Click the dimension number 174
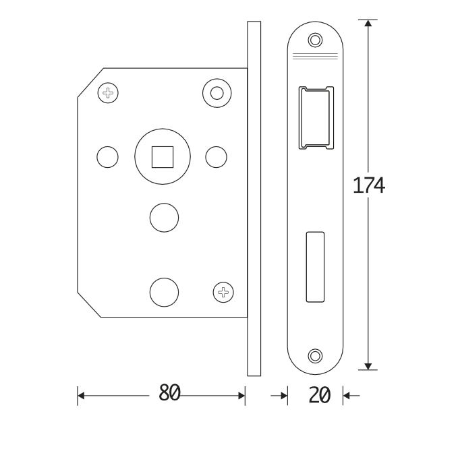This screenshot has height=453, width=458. [369, 185]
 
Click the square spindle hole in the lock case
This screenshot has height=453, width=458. [162, 156]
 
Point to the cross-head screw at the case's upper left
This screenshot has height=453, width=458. [108, 92]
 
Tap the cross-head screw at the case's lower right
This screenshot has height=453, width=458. [223, 292]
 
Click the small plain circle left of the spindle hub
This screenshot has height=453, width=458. [107, 156]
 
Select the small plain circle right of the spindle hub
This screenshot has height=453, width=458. [216, 156]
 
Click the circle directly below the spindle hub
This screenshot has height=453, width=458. [163, 217]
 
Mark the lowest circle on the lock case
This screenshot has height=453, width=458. [163, 292]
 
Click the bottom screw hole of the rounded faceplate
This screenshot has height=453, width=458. [315, 355]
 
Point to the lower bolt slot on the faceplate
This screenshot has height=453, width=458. [315, 266]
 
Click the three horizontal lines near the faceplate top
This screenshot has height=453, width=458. [315, 55]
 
